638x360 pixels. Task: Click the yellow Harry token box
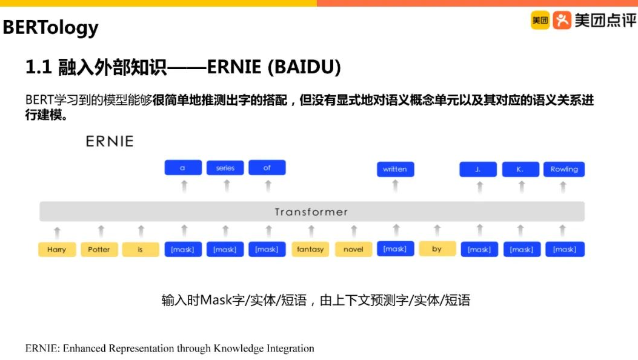tap(57, 249)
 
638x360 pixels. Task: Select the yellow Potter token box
tap(99, 249)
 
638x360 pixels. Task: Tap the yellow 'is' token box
tap(140, 249)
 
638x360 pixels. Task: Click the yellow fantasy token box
tap(310, 249)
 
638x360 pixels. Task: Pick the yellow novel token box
tap(353, 249)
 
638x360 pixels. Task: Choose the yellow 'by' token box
tap(437, 248)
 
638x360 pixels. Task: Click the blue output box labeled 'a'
tap(183, 168)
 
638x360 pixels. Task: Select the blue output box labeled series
tap(225, 168)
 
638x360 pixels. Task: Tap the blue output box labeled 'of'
tap(267, 168)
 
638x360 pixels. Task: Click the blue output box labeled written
tap(395, 169)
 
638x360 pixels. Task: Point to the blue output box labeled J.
tap(478, 169)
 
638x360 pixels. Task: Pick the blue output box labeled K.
tap(520, 169)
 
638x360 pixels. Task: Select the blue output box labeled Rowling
tap(563, 169)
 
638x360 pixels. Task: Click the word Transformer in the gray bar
tap(311, 212)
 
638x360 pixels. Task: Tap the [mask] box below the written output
tap(395, 248)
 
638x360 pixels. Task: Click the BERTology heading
tap(51, 27)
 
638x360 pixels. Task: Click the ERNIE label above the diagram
tap(109, 141)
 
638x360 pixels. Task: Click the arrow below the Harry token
tap(57, 231)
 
